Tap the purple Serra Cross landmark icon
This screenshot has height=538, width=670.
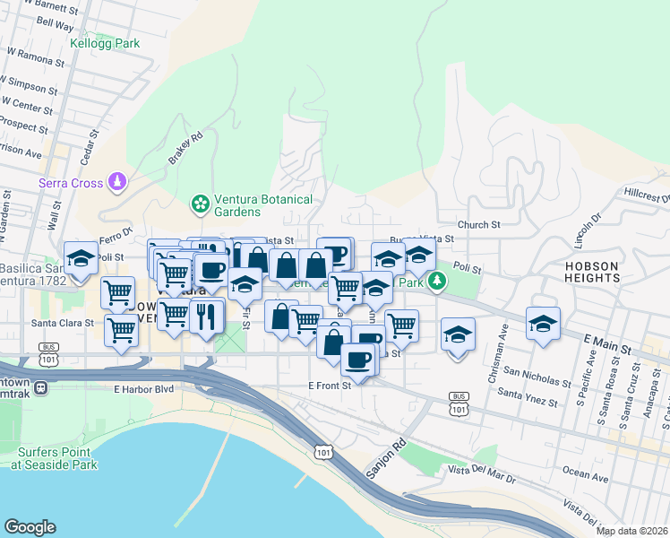point(116,183)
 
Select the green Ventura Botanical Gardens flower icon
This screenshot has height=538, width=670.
point(201,205)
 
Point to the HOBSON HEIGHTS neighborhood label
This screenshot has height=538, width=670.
point(592,272)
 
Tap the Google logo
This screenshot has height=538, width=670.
point(30,527)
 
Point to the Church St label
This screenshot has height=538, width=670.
point(477,225)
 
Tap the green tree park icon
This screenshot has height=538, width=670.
point(437,282)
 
